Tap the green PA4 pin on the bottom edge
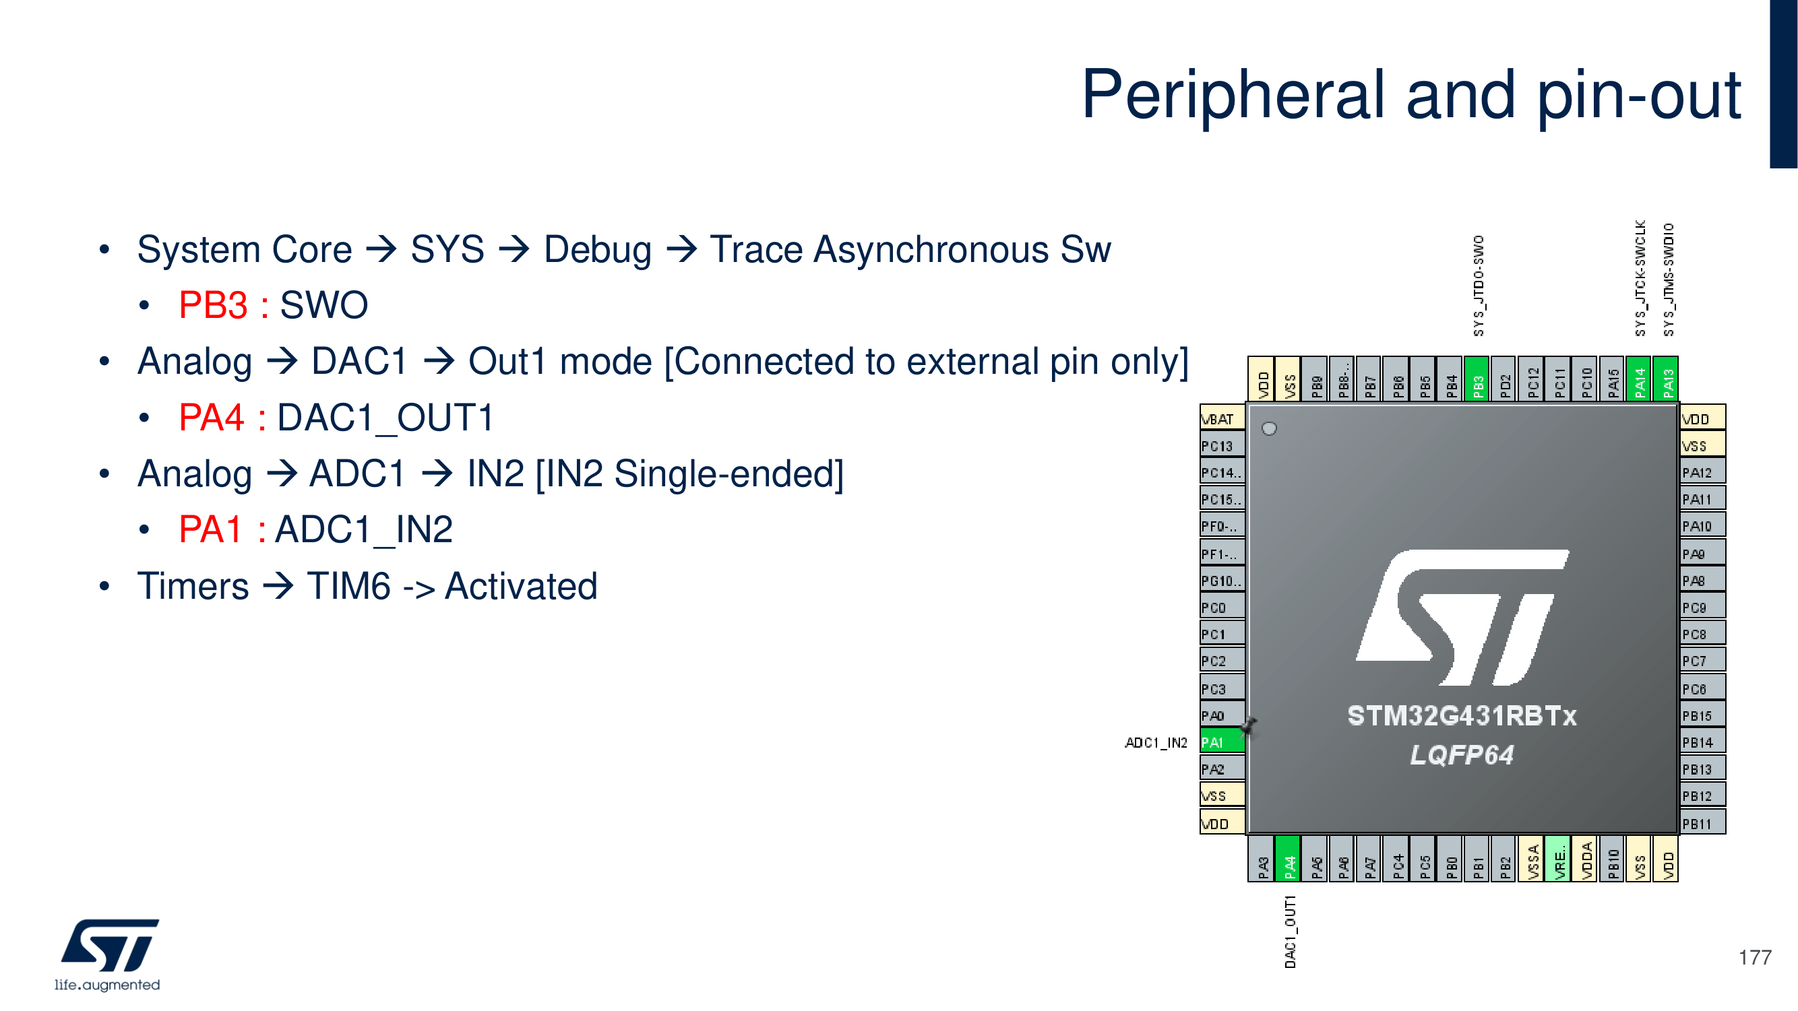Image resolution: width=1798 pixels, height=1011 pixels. click(1289, 859)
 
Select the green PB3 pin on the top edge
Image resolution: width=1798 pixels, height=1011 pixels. click(1478, 379)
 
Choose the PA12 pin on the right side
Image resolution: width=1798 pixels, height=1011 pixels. click(1702, 472)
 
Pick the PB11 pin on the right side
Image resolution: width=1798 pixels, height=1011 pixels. click(1702, 823)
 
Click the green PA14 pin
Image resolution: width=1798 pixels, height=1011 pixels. click(1639, 379)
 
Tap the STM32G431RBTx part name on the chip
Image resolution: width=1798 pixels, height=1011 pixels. click(1462, 715)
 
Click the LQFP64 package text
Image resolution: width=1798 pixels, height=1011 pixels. click(1462, 754)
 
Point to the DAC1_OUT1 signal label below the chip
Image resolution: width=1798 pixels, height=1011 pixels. click(1290, 932)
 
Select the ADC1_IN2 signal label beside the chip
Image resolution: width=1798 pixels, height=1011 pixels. click(1156, 742)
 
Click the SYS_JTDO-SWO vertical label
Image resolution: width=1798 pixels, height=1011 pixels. click(1479, 286)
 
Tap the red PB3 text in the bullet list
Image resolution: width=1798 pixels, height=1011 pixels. click(213, 305)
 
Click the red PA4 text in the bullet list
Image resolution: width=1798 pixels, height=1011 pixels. click(212, 417)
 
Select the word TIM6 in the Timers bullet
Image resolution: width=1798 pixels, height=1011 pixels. click(349, 585)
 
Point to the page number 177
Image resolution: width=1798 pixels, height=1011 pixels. click(1755, 957)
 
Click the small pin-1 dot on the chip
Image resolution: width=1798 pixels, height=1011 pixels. click(1270, 428)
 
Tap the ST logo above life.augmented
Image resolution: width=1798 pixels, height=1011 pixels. click(110, 946)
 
